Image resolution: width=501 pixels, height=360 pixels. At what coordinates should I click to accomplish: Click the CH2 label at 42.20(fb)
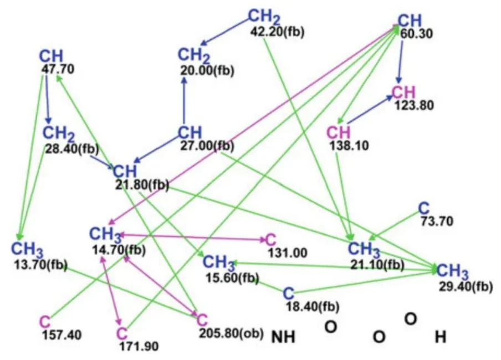click(x=264, y=17)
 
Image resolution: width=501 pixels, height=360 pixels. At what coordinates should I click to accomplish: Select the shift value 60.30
click(x=417, y=34)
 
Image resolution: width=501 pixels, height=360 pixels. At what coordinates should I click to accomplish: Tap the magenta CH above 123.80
click(x=403, y=92)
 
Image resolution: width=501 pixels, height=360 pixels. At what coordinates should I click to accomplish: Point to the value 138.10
click(x=349, y=146)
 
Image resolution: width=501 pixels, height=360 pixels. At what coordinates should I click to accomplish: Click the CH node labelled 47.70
click(x=51, y=56)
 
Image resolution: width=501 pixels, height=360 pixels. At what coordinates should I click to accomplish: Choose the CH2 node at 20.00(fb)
click(x=194, y=55)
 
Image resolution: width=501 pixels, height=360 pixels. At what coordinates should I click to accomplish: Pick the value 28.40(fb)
click(x=72, y=149)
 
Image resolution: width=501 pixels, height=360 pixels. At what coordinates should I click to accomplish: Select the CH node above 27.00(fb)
click(x=190, y=132)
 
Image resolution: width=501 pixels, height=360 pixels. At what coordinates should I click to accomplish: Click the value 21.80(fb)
click(x=142, y=185)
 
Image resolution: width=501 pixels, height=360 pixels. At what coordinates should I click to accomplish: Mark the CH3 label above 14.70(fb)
click(x=105, y=235)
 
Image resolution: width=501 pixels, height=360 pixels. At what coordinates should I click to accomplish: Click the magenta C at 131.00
click(x=270, y=240)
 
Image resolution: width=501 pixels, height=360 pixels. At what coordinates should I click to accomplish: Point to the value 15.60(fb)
click(x=232, y=278)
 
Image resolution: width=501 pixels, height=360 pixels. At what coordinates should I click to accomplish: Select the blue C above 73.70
click(x=424, y=209)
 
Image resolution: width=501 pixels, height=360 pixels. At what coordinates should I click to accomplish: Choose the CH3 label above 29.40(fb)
click(x=452, y=271)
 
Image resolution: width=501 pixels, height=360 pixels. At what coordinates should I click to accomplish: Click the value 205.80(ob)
click(x=232, y=333)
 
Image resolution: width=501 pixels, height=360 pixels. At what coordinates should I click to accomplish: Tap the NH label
click(x=283, y=337)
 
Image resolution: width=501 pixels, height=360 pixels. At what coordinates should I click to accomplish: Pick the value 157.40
click(x=62, y=335)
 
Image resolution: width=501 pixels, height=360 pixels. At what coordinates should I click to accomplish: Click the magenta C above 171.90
click(x=122, y=334)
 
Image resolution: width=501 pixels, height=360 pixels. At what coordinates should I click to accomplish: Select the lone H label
click(x=441, y=337)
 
